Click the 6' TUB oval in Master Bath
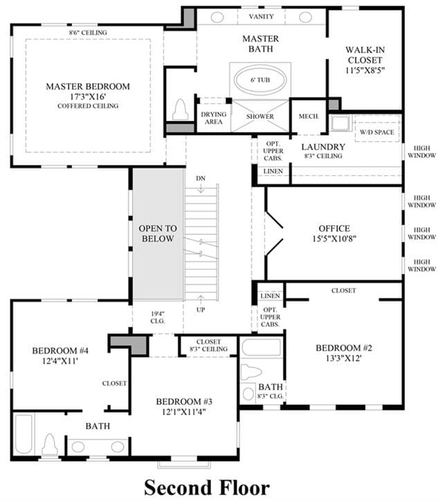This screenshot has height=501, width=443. click(260, 80)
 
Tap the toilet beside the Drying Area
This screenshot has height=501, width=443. click(180, 109)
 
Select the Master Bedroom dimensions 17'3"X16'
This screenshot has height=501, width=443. click(88, 96)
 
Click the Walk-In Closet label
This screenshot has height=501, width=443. click(365, 55)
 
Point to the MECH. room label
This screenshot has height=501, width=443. click(309, 116)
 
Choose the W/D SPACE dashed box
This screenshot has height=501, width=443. click(377, 129)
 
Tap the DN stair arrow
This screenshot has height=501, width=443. click(201, 188)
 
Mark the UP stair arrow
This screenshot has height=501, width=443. click(201, 300)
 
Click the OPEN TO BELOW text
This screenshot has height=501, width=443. click(158, 234)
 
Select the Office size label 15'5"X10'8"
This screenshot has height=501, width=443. click(334, 239)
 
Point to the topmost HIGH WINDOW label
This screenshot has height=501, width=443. click(422, 152)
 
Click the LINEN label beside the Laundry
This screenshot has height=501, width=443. click(273, 171)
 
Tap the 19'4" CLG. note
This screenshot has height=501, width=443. click(158, 318)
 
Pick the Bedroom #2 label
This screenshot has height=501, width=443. click(344, 348)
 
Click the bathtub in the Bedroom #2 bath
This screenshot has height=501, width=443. click(262, 347)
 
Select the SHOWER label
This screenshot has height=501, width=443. click(260, 117)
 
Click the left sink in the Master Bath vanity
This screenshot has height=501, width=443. click(217, 17)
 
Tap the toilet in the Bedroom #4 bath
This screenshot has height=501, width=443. click(50, 444)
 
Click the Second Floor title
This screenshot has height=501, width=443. click(207, 488)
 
